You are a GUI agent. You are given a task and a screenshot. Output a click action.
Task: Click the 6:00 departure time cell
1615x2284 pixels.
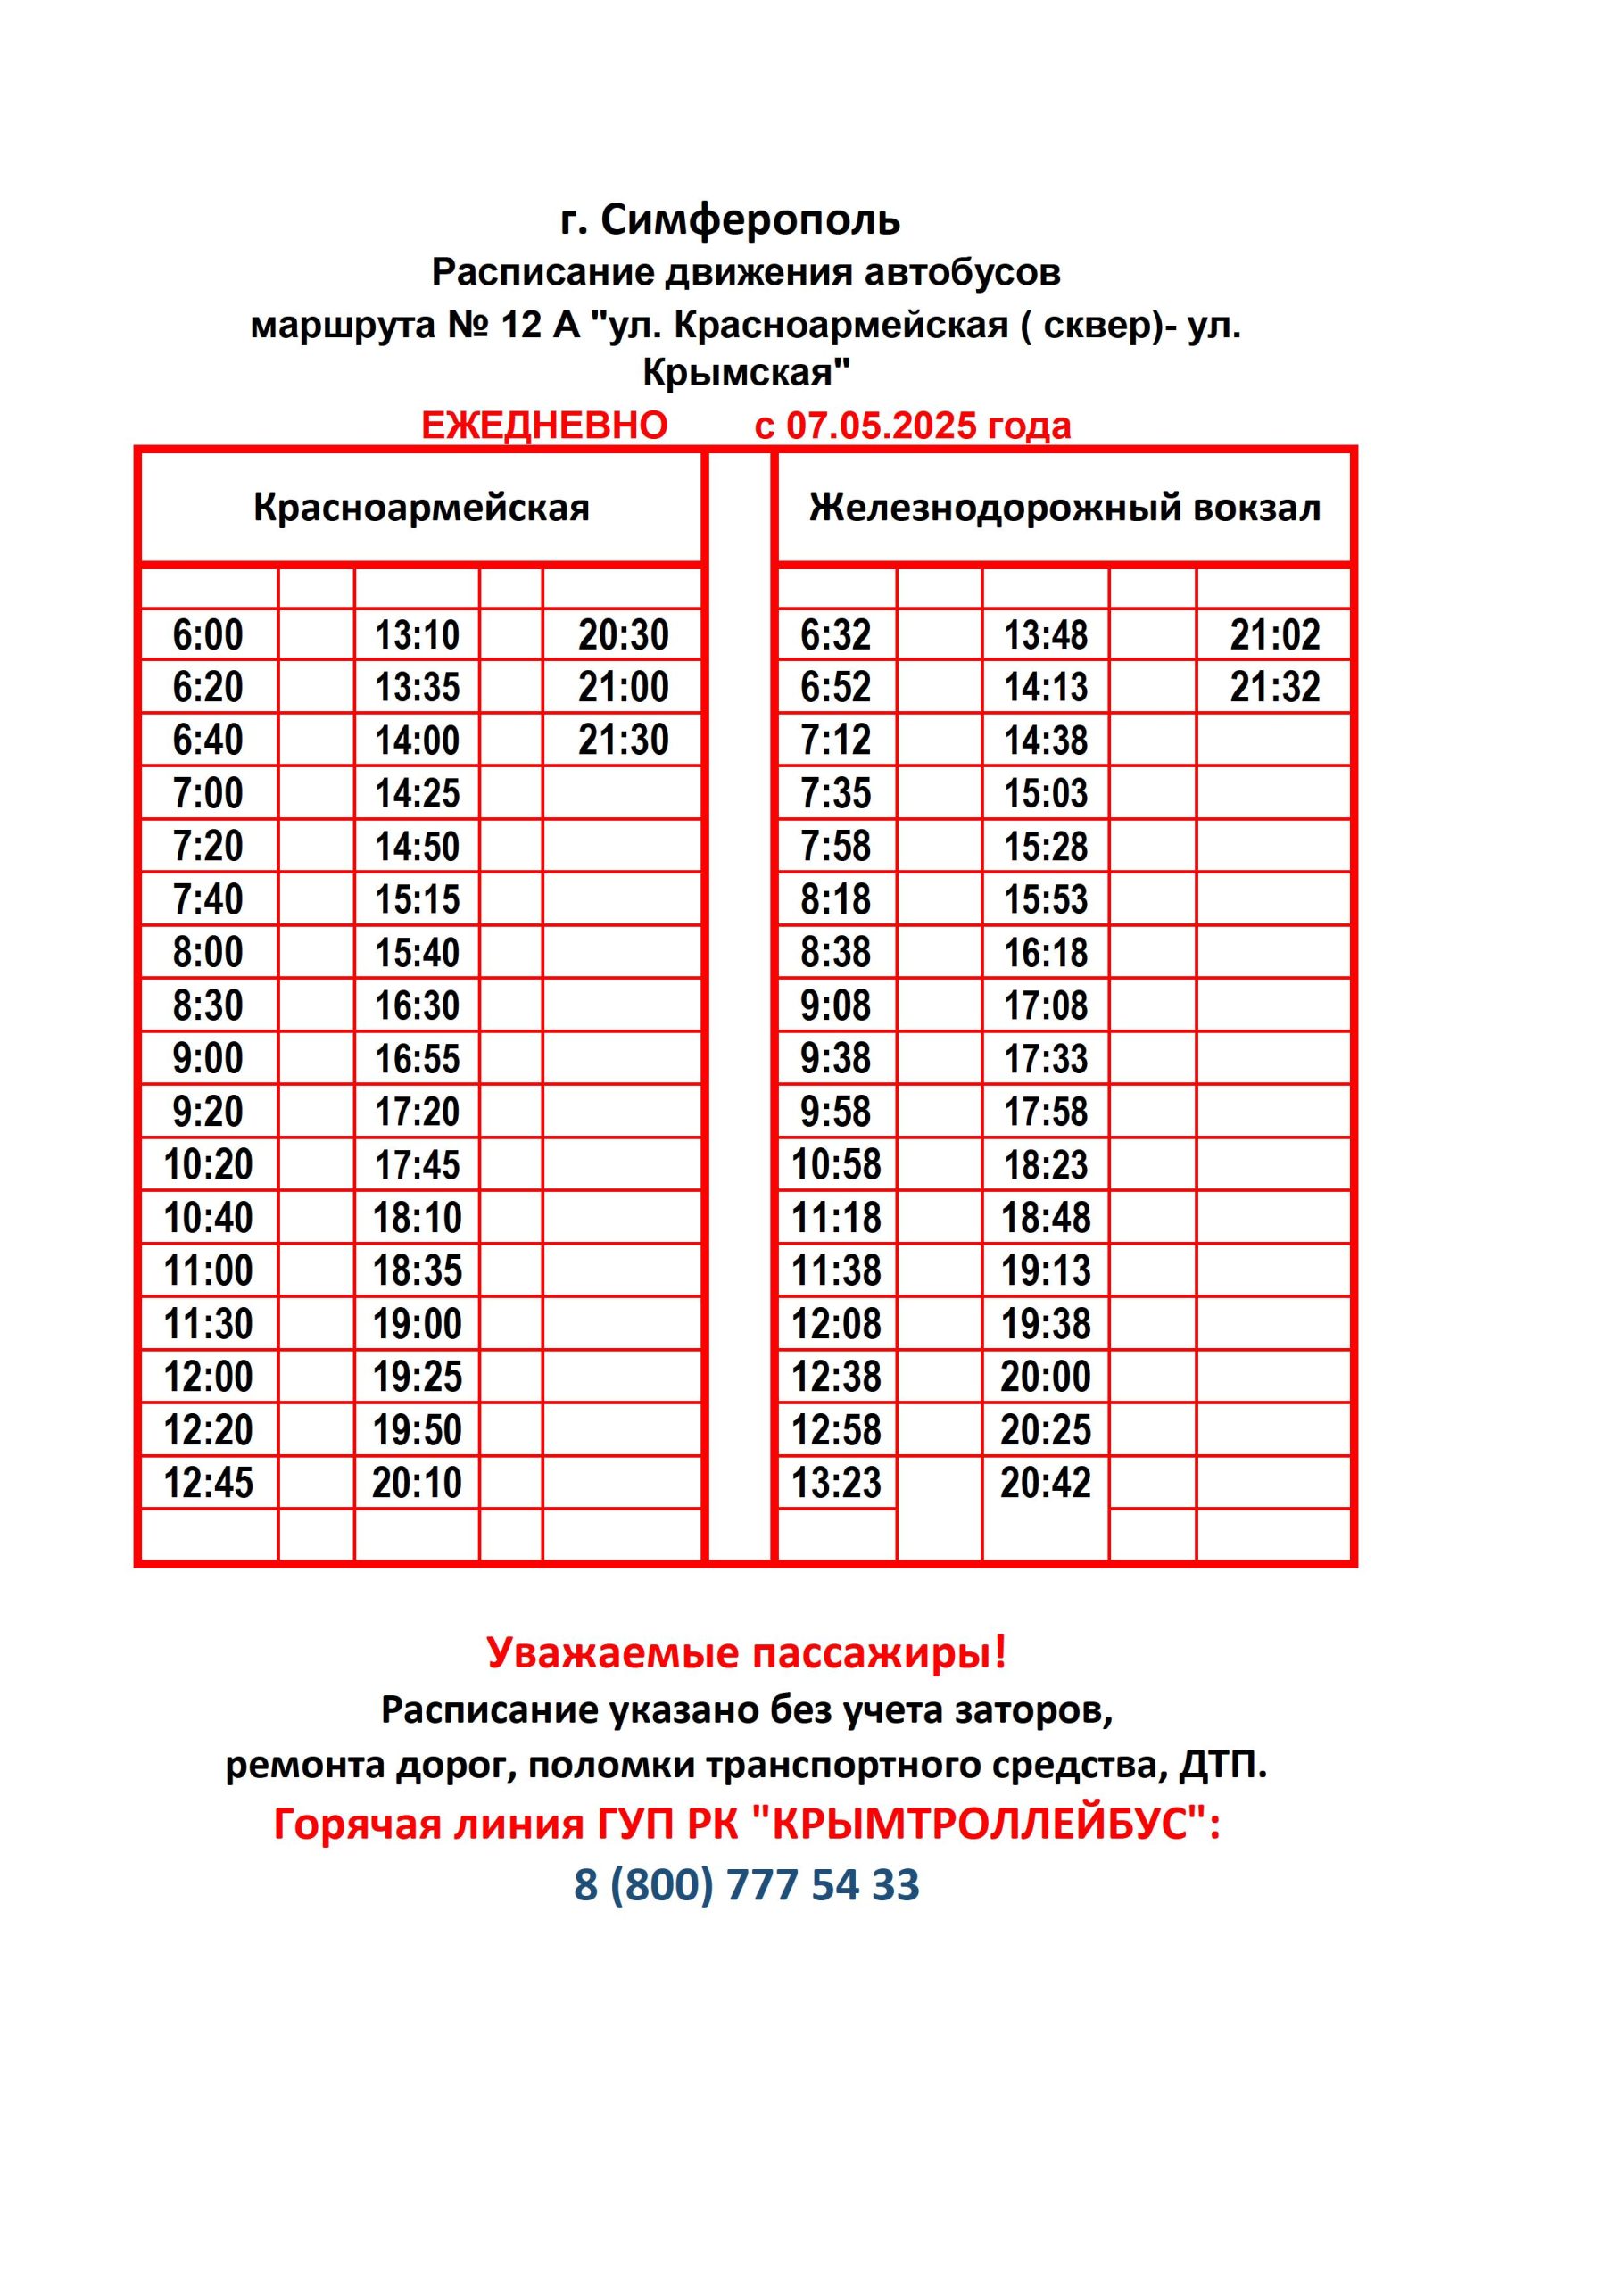[208, 634]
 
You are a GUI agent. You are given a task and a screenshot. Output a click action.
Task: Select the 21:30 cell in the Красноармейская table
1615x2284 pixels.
[623, 741]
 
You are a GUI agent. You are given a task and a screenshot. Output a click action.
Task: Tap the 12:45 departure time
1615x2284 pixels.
[208, 1483]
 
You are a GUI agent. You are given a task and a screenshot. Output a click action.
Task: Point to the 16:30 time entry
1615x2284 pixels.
[417, 1005]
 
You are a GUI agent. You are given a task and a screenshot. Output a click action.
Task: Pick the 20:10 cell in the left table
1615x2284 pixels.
[417, 1483]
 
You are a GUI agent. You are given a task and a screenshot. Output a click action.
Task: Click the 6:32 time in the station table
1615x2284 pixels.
[836, 634]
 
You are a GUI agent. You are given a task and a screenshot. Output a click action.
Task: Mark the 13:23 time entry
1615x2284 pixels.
[836, 1483]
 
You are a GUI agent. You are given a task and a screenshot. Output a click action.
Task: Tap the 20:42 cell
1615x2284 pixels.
[1045, 1483]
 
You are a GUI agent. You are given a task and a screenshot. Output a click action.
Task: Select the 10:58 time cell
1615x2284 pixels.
[836, 1165]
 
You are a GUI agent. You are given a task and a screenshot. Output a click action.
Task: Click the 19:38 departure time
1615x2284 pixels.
[1045, 1324]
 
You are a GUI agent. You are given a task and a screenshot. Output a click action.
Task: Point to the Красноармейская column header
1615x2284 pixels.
[421, 509]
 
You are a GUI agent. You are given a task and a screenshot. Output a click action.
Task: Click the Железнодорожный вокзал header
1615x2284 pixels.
[1064, 509]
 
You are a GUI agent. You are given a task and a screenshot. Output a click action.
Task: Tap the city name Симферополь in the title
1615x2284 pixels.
[750, 219]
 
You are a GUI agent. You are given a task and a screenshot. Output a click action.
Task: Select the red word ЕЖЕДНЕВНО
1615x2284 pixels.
[544, 426]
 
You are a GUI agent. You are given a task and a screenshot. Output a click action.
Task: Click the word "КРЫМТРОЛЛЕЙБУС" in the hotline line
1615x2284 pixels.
[979, 1825]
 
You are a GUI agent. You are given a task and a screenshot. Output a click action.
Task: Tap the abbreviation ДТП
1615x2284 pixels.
[1220, 1766]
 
